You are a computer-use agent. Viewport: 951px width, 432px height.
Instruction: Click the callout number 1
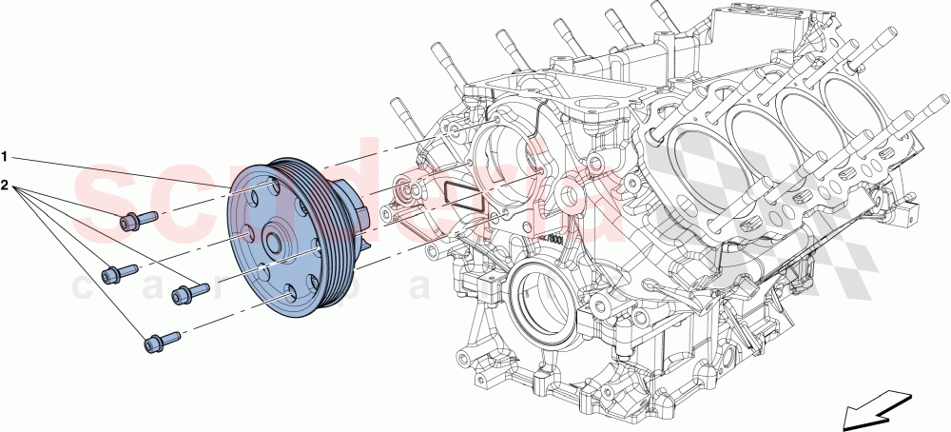pos(5,154)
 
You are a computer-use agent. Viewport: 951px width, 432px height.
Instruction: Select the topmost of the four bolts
pos(138,221)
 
